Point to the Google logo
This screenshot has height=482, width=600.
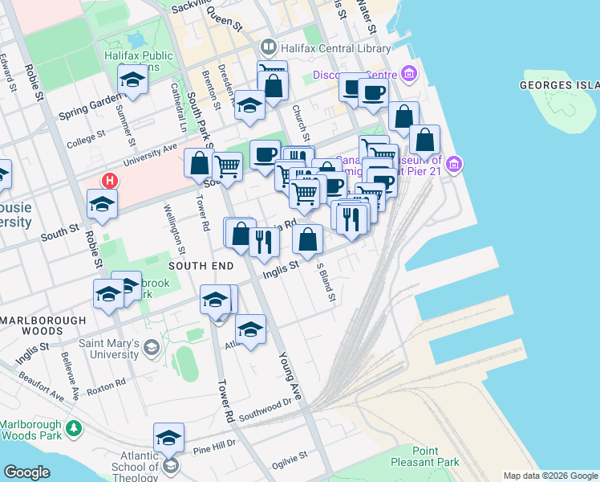point(26,472)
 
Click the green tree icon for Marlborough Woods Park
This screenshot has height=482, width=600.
point(75,428)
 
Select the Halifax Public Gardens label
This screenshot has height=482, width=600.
point(138,61)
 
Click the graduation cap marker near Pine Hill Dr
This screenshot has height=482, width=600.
point(168,437)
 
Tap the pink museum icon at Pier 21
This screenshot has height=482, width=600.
point(455,165)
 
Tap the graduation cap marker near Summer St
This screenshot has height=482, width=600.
point(132,79)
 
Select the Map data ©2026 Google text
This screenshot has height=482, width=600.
point(549,476)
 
